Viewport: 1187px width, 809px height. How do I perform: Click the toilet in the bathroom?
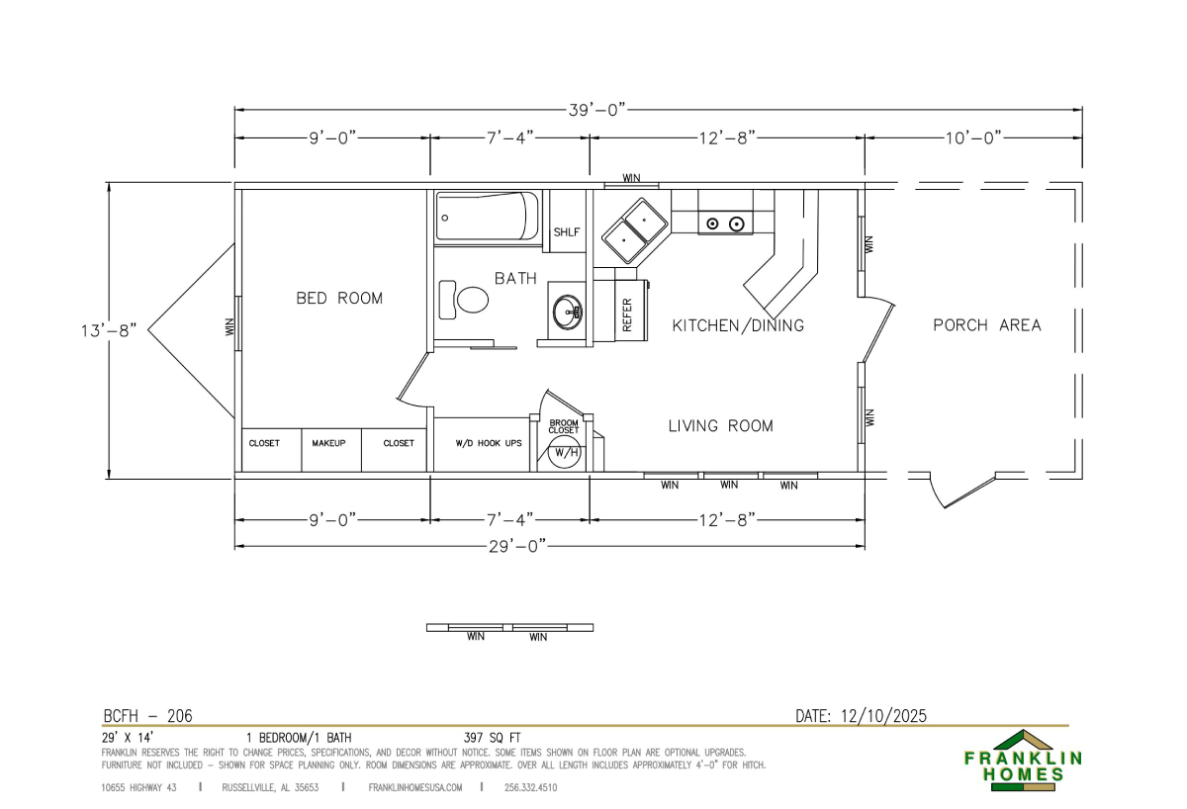click(464, 300)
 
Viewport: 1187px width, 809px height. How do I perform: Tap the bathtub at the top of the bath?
click(487, 217)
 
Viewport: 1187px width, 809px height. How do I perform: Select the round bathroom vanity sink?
click(568, 312)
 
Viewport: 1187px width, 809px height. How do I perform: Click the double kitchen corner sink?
click(634, 230)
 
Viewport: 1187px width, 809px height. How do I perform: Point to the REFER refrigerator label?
click(627, 315)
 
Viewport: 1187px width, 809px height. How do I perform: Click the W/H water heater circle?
click(565, 452)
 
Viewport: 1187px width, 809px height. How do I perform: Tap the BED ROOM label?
click(339, 299)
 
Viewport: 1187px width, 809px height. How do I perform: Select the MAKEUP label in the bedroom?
click(328, 443)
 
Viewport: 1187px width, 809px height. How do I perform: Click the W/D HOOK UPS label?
click(489, 443)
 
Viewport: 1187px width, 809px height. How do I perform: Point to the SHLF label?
click(567, 232)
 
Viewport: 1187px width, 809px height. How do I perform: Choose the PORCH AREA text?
click(987, 324)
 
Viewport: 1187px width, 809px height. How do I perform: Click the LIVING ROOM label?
click(721, 425)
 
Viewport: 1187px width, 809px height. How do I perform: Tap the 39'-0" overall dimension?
click(597, 110)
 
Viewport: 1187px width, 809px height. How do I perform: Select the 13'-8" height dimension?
click(109, 330)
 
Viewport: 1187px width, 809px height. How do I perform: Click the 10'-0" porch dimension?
click(974, 138)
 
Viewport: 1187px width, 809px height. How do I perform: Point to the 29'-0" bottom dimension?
click(517, 546)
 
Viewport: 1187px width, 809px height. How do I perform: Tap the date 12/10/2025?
click(884, 716)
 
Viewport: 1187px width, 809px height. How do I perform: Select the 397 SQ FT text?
click(493, 738)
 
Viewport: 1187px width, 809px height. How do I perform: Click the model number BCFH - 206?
click(147, 716)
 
